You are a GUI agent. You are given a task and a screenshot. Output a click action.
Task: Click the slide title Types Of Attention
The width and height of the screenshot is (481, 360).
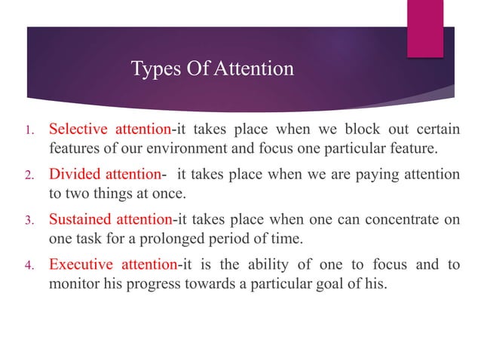[212, 69]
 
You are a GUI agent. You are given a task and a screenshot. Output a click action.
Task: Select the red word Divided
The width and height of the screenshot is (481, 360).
[72, 174]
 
